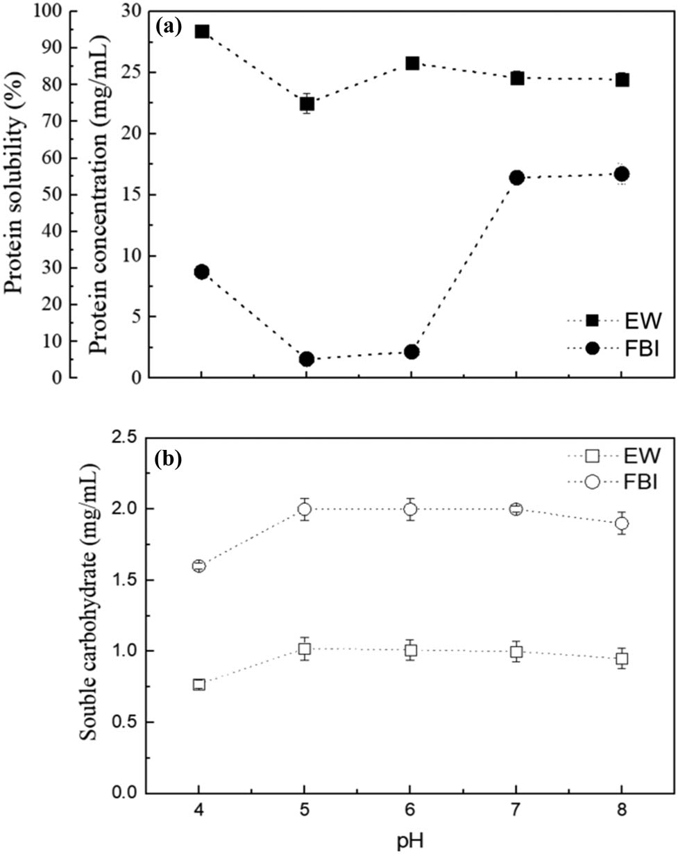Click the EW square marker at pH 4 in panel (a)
tap(202, 31)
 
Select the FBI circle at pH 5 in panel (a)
tap(307, 359)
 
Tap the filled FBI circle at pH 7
tap(516, 178)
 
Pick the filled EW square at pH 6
tap(412, 63)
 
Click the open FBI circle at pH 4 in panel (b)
tap(199, 566)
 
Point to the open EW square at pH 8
tap(622, 658)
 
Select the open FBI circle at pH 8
tap(622, 523)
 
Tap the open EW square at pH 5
tap(305, 648)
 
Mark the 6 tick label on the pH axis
tap(410, 810)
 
